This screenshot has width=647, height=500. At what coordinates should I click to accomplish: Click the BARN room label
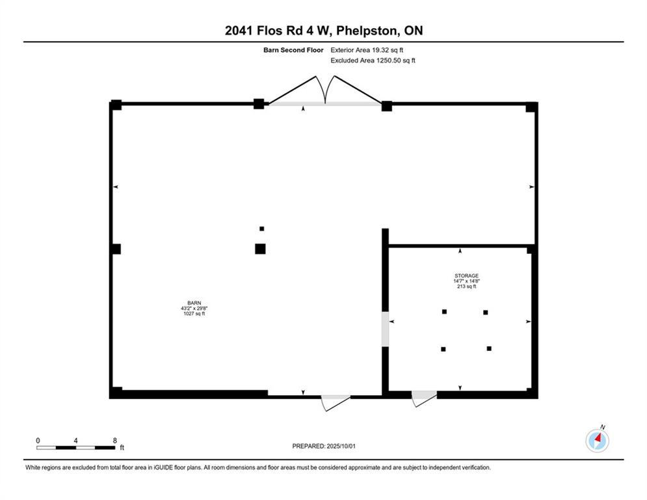(193, 303)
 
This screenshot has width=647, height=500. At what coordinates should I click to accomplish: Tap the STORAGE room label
(466, 275)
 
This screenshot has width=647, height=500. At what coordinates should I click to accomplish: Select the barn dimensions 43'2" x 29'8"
(193, 308)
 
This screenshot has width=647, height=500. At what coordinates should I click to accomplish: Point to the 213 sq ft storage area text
(466, 286)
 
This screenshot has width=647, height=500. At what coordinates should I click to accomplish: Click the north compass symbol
(597, 440)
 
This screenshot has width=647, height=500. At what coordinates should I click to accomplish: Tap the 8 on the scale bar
(115, 440)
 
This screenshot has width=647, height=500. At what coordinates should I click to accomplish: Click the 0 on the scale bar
(38, 440)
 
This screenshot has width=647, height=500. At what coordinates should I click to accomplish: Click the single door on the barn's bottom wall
(336, 402)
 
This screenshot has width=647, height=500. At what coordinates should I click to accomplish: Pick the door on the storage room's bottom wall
(424, 398)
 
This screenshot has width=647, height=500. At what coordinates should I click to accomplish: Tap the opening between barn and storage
(385, 329)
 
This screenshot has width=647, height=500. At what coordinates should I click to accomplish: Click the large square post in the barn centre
(260, 249)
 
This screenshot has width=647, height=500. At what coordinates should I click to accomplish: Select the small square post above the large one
(262, 229)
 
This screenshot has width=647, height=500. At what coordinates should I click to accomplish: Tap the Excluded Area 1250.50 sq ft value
(373, 61)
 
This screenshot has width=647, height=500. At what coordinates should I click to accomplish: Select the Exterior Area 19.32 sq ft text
(371, 49)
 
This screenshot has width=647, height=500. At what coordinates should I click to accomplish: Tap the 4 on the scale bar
(76, 440)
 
